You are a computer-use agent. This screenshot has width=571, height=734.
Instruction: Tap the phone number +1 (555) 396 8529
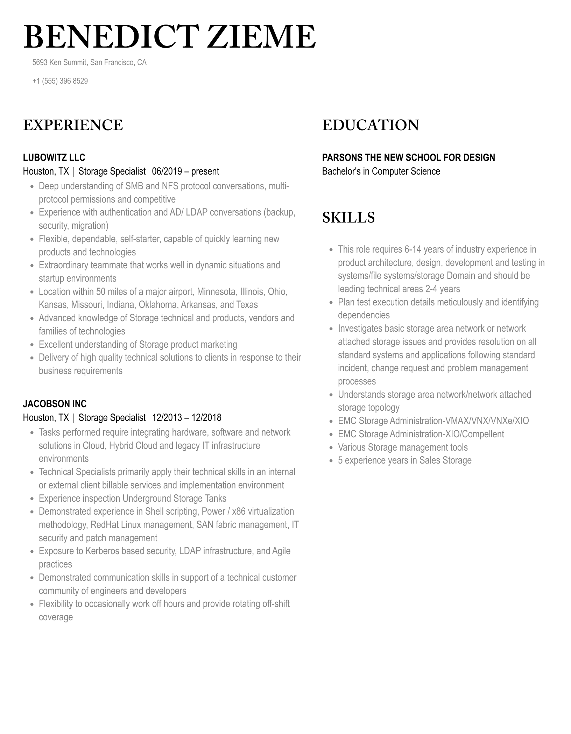click(x=60, y=81)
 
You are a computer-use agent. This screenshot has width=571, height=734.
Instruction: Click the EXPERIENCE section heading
click(x=73, y=125)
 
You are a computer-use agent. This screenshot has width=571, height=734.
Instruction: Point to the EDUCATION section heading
click(x=371, y=125)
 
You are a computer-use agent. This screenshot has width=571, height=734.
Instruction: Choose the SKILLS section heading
click(x=348, y=217)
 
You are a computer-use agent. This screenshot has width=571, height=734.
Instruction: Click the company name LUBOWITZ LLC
click(x=54, y=157)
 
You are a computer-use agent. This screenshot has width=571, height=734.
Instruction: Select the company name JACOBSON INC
click(x=55, y=404)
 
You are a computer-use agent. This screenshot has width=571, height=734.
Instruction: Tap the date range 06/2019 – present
click(x=185, y=171)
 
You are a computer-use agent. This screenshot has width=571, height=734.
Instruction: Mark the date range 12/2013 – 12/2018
click(x=186, y=418)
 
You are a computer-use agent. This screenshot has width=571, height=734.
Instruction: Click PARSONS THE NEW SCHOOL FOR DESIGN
click(x=408, y=157)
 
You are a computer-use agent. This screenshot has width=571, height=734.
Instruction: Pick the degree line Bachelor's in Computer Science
click(x=381, y=171)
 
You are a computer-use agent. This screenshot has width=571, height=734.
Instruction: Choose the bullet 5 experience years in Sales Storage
click(x=404, y=460)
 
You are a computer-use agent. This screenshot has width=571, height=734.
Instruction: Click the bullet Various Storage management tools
click(x=403, y=447)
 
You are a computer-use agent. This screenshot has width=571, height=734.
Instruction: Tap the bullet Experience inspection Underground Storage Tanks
click(x=132, y=499)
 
